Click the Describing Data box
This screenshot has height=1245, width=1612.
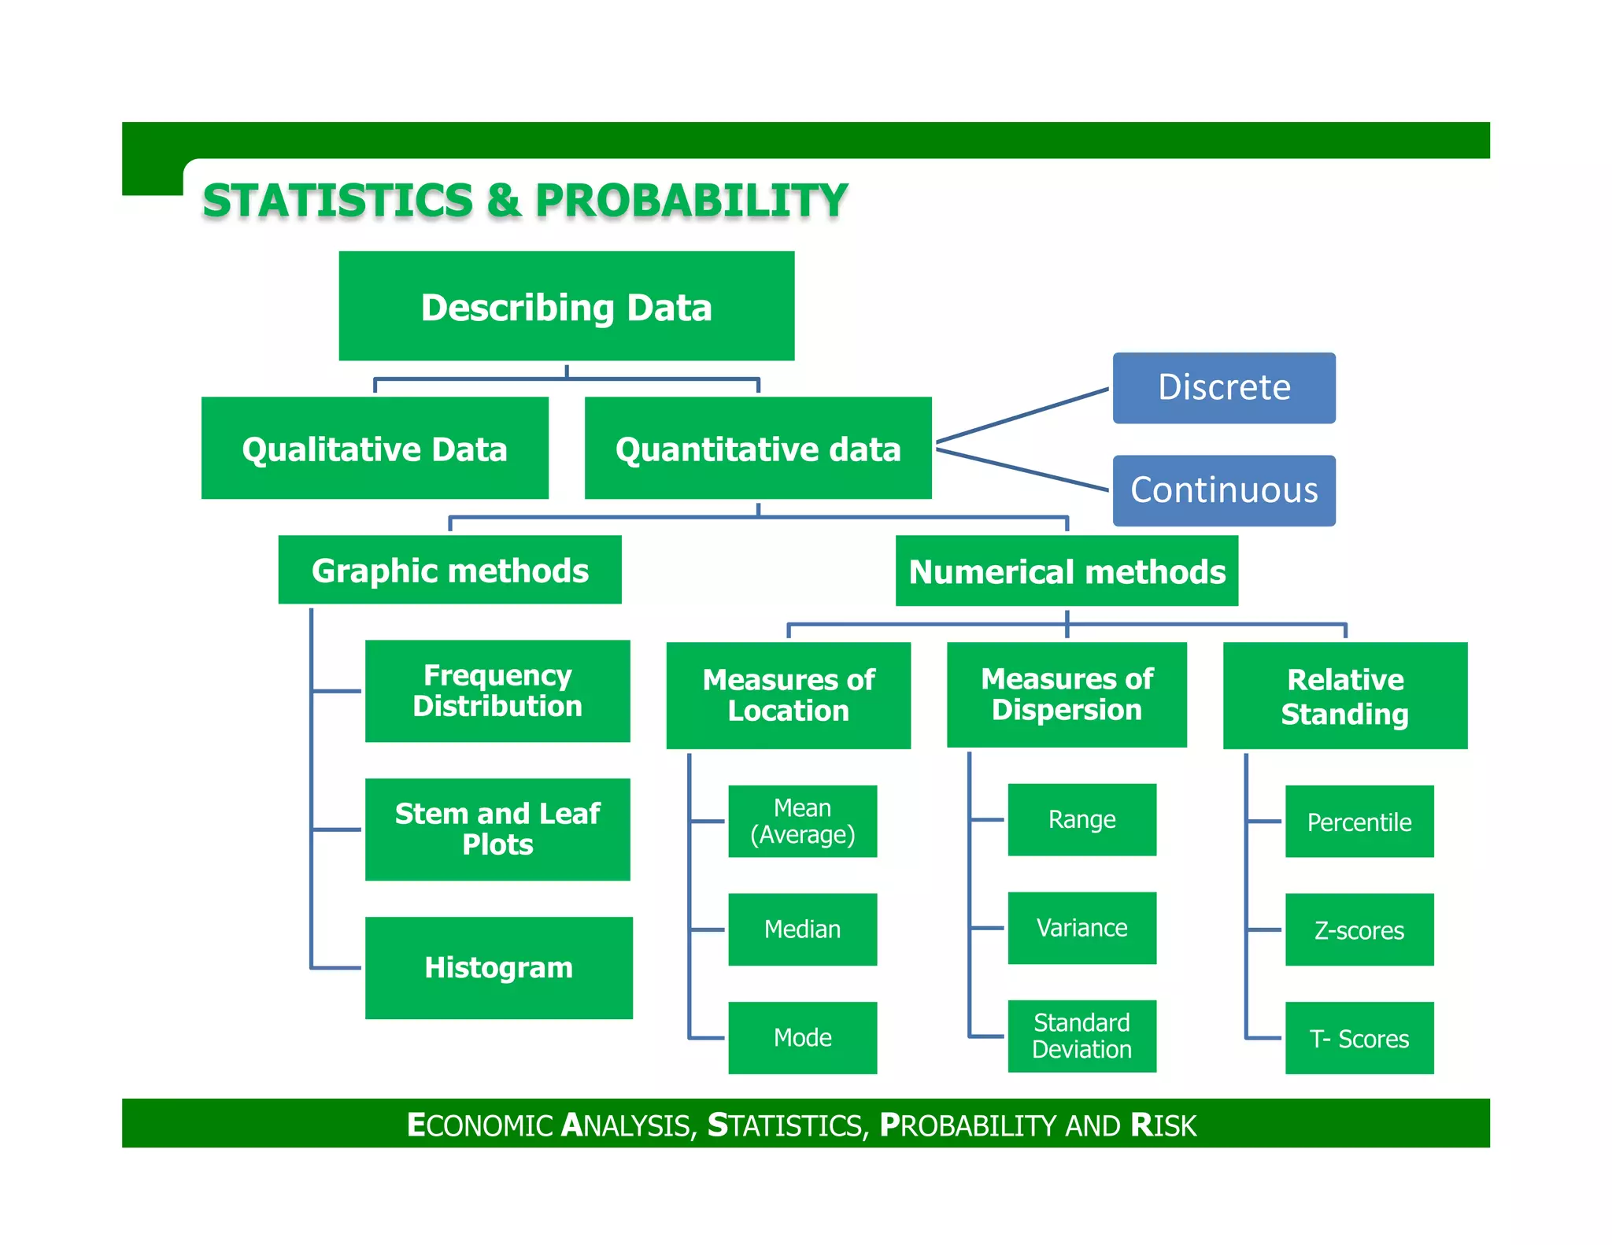tap(566, 306)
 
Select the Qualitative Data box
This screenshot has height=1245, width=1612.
tap(375, 448)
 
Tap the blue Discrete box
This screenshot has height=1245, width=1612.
tap(1223, 388)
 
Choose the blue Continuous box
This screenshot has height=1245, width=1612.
tap(1223, 490)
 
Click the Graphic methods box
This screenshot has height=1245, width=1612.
tap(449, 570)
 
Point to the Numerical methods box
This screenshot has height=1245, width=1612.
tap(1067, 571)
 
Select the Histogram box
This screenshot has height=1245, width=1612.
tap(498, 967)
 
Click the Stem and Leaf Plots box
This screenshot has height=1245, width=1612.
tap(497, 829)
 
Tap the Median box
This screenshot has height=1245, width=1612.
tap(802, 929)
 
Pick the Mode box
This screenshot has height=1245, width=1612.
tap(802, 1037)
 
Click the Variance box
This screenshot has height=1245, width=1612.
tap(1081, 927)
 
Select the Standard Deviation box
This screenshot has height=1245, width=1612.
tap(1081, 1036)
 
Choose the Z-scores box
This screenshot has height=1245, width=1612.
tap(1359, 929)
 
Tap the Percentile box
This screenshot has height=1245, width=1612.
tap(1359, 821)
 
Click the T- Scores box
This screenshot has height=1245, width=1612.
tap(1359, 1037)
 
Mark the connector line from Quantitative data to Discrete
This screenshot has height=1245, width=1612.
tap(1023, 415)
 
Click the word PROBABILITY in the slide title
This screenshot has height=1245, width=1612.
tap(691, 200)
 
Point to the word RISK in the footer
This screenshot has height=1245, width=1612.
tap(1163, 1125)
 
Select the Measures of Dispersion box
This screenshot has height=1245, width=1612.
tap(1067, 694)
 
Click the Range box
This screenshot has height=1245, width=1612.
tap(1081, 819)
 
